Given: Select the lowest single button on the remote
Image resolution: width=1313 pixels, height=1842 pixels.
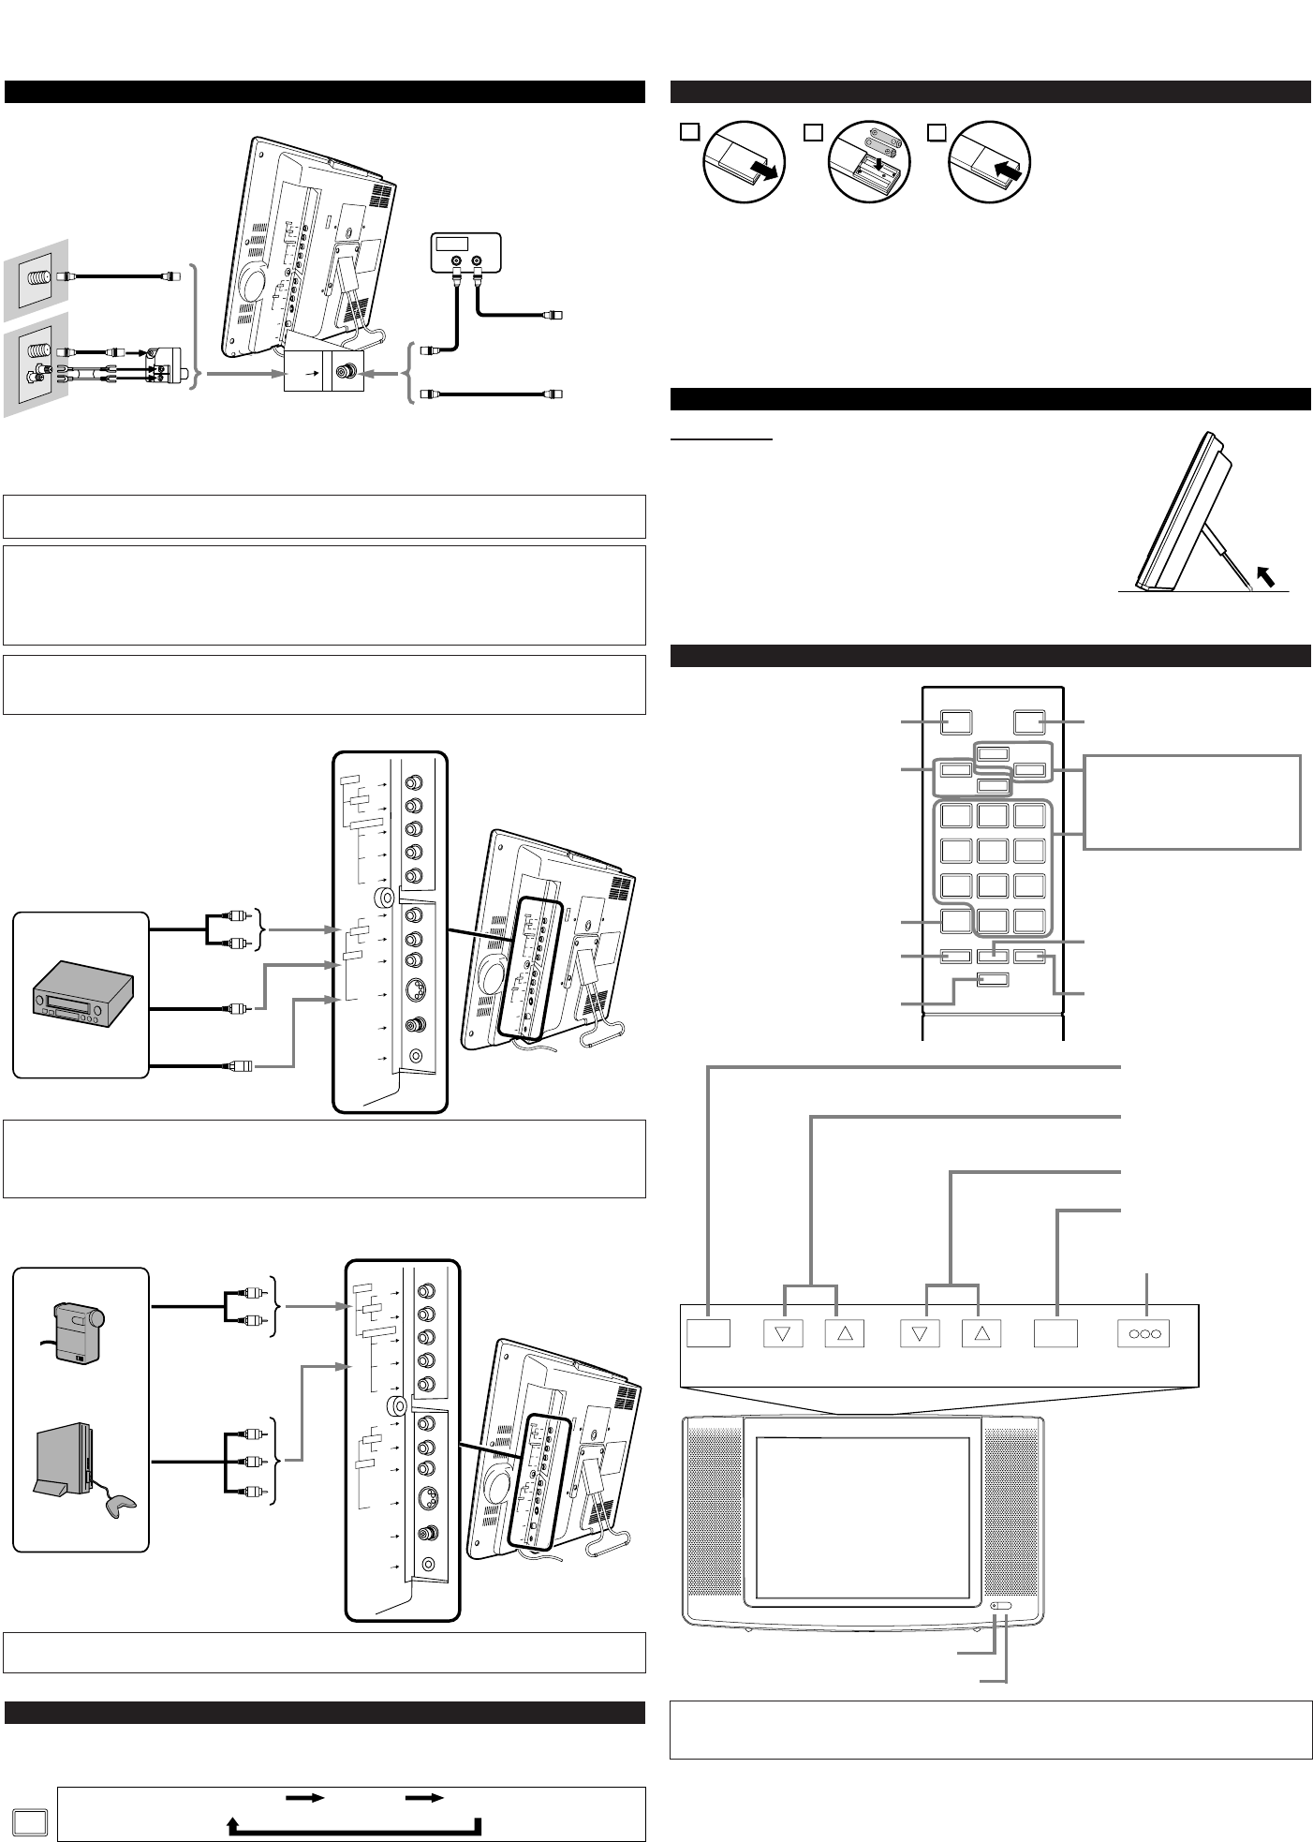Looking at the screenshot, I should coord(993,980).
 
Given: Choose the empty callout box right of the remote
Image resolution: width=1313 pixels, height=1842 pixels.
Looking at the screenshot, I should coord(1192,802).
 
